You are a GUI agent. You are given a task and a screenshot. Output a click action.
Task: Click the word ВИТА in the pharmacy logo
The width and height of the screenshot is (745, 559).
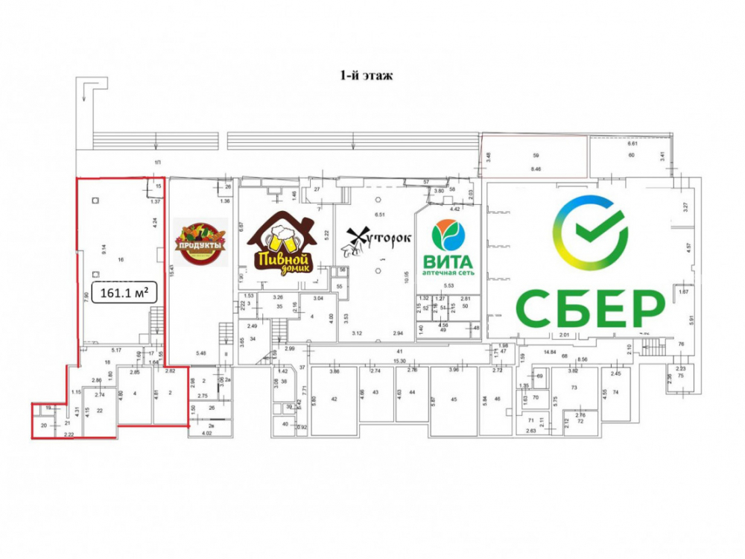coord(448,262)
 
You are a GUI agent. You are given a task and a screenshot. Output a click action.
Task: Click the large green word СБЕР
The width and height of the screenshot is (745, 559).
coord(591,306)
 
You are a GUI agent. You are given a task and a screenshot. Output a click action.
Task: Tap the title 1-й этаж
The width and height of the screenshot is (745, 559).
coord(365,75)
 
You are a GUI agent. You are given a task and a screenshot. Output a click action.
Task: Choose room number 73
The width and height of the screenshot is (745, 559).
coord(574,388)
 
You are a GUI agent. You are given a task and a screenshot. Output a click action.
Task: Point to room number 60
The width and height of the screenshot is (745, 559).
coord(630,156)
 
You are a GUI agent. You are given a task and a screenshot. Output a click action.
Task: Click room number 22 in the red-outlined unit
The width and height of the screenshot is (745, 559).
coord(99,411)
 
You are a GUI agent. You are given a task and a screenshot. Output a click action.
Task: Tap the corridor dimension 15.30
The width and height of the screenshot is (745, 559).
coord(399,361)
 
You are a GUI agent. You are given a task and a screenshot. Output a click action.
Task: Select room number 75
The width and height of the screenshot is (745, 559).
coord(681,376)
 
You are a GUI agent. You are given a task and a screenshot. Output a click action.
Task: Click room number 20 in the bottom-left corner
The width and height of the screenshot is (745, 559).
coord(43,426)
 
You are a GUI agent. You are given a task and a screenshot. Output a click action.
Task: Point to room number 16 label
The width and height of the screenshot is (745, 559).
coord(120,260)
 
